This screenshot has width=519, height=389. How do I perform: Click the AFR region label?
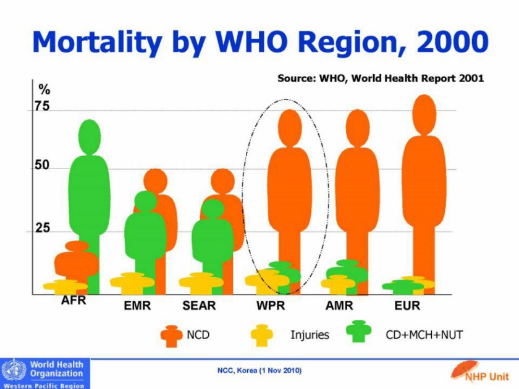[x=74, y=301]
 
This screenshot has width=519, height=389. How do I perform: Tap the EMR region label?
[x=137, y=305]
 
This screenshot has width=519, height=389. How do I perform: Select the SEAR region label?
[x=199, y=305]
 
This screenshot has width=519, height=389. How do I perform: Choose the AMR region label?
[x=339, y=305]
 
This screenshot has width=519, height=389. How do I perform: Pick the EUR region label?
[x=407, y=305]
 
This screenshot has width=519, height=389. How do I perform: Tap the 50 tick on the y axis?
[x=41, y=167]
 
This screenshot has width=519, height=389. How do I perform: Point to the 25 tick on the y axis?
[x=41, y=228]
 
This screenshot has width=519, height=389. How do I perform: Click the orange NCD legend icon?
[x=172, y=335]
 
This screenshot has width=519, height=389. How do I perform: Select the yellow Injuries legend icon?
[x=261, y=335]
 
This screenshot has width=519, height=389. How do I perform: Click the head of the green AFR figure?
[x=90, y=136]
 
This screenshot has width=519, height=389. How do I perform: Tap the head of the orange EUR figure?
[x=424, y=114]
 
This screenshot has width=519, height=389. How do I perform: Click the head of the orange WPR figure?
[x=289, y=127]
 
